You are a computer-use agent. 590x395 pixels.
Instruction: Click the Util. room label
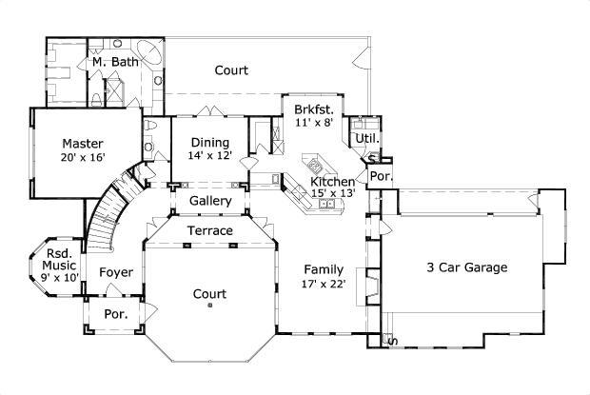(366, 139)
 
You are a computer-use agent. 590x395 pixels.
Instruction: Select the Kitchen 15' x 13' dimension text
(333, 193)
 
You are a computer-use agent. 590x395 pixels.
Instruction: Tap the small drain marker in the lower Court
(210, 306)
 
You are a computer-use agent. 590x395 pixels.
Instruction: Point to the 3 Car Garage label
(466, 267)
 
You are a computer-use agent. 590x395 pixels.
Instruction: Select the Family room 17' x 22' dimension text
(324, 283)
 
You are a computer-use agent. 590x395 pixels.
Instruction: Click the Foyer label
(116, 273)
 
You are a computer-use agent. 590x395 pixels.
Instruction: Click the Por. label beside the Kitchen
(380, 177)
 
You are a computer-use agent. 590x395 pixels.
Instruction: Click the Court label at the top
(231, 69)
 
